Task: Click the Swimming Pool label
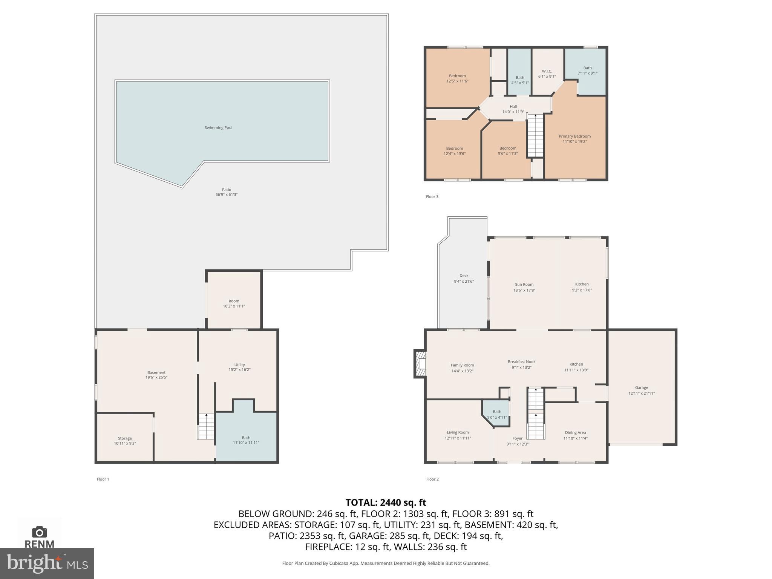click(x=218, y=128)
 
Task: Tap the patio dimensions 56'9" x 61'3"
click(x=226, y=195)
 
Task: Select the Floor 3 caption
click(x=432, y=197)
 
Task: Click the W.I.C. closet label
click(x=547, y=71)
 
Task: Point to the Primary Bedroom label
click(x=574, y=136)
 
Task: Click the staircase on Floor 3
click(x=535, y=136)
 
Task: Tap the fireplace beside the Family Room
click(x=420, y=364)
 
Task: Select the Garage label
click(x=641, y=388)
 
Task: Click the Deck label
click(x=464, y=276)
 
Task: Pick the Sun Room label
click(x=524, y=285)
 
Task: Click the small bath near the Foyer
click(x=497, y=414)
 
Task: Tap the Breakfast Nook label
click(x=521, y=362)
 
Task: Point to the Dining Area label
click(x=575, y=433)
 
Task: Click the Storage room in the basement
click(x=125, y=439)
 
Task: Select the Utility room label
click(x=239, y=365)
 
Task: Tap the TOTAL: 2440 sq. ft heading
click(x=386, y=502)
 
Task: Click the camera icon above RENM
click(x=39, y=532)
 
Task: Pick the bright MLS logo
click(x=47, y=564)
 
